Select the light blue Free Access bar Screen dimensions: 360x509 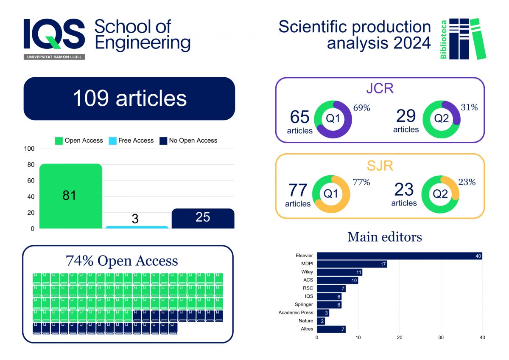pos(137,227)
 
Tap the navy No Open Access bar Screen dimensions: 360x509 pos(203,218)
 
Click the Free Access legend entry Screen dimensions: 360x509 pos(131,141)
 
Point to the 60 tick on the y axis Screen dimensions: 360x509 pos(31,180)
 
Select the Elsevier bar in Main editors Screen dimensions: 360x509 pos(399,256)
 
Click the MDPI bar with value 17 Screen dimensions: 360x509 pos(352,264)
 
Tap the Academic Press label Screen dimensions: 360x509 pos(296,313)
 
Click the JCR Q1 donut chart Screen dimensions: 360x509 pos(333,119)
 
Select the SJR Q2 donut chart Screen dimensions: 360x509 pos(440,194)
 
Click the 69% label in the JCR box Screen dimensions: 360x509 pos(361,108)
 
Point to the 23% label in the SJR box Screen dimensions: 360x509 pos(467,182)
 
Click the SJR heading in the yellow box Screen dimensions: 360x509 pos(380,166)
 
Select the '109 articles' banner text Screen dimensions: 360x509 pos(129,98)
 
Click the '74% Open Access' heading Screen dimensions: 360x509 pos(122,261)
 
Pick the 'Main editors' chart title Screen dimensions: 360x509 pos(384,237)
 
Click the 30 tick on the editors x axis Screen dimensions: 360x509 pos(441,337)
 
